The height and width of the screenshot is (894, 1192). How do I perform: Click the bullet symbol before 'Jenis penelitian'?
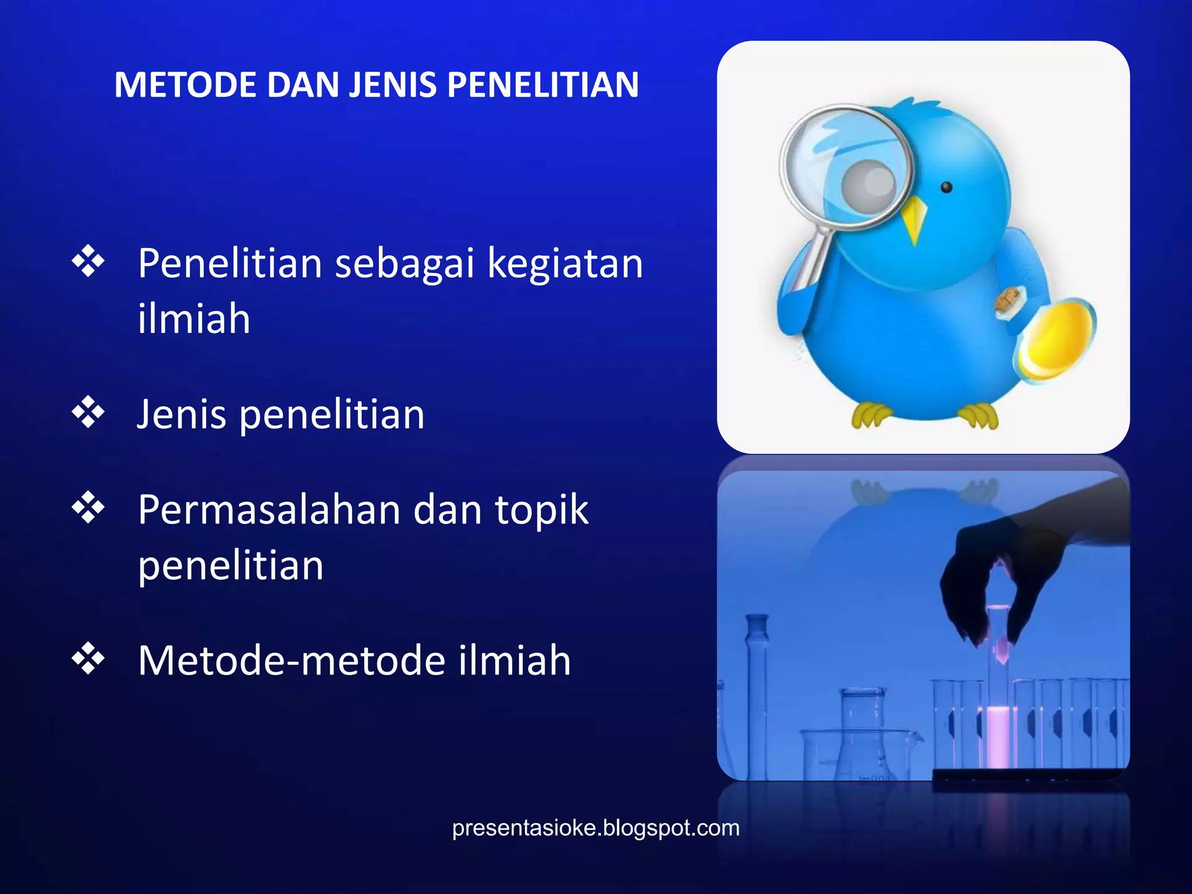click(x=88, y=412)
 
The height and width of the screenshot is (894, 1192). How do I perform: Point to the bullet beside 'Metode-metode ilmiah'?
click(x=88, y=658)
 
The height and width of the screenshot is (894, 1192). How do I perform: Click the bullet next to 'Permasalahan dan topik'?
click(x=88, y=508)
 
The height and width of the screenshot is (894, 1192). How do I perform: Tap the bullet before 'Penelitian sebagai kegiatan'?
click(x=88, y=261)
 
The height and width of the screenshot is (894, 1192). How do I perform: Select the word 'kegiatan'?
click(x=565, y=265)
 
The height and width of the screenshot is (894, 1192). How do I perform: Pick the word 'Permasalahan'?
click(x=269, y=510)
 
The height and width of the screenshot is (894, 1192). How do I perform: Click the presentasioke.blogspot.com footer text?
click(x=595, y=828)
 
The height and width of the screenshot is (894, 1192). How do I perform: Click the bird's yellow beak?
click(x=914, y=218)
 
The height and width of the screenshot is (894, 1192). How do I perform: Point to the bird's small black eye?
click(x=946, y=187)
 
